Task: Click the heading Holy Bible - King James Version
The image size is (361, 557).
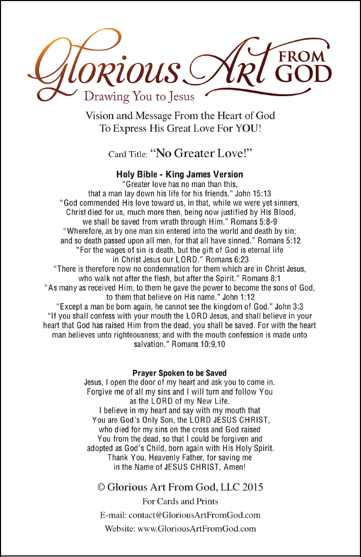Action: point(180,174)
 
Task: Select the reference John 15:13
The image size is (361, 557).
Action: point(254,193)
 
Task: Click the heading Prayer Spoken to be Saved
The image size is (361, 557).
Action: point(180,373)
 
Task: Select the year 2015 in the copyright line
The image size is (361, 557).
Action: point(253,488)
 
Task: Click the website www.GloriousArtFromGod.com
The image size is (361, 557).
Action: point(197,529)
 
